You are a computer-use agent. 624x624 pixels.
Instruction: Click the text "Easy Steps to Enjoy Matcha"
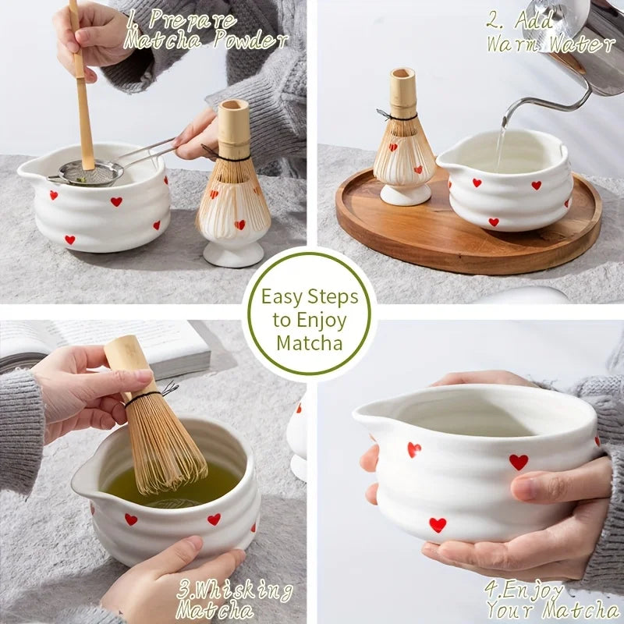310,320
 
